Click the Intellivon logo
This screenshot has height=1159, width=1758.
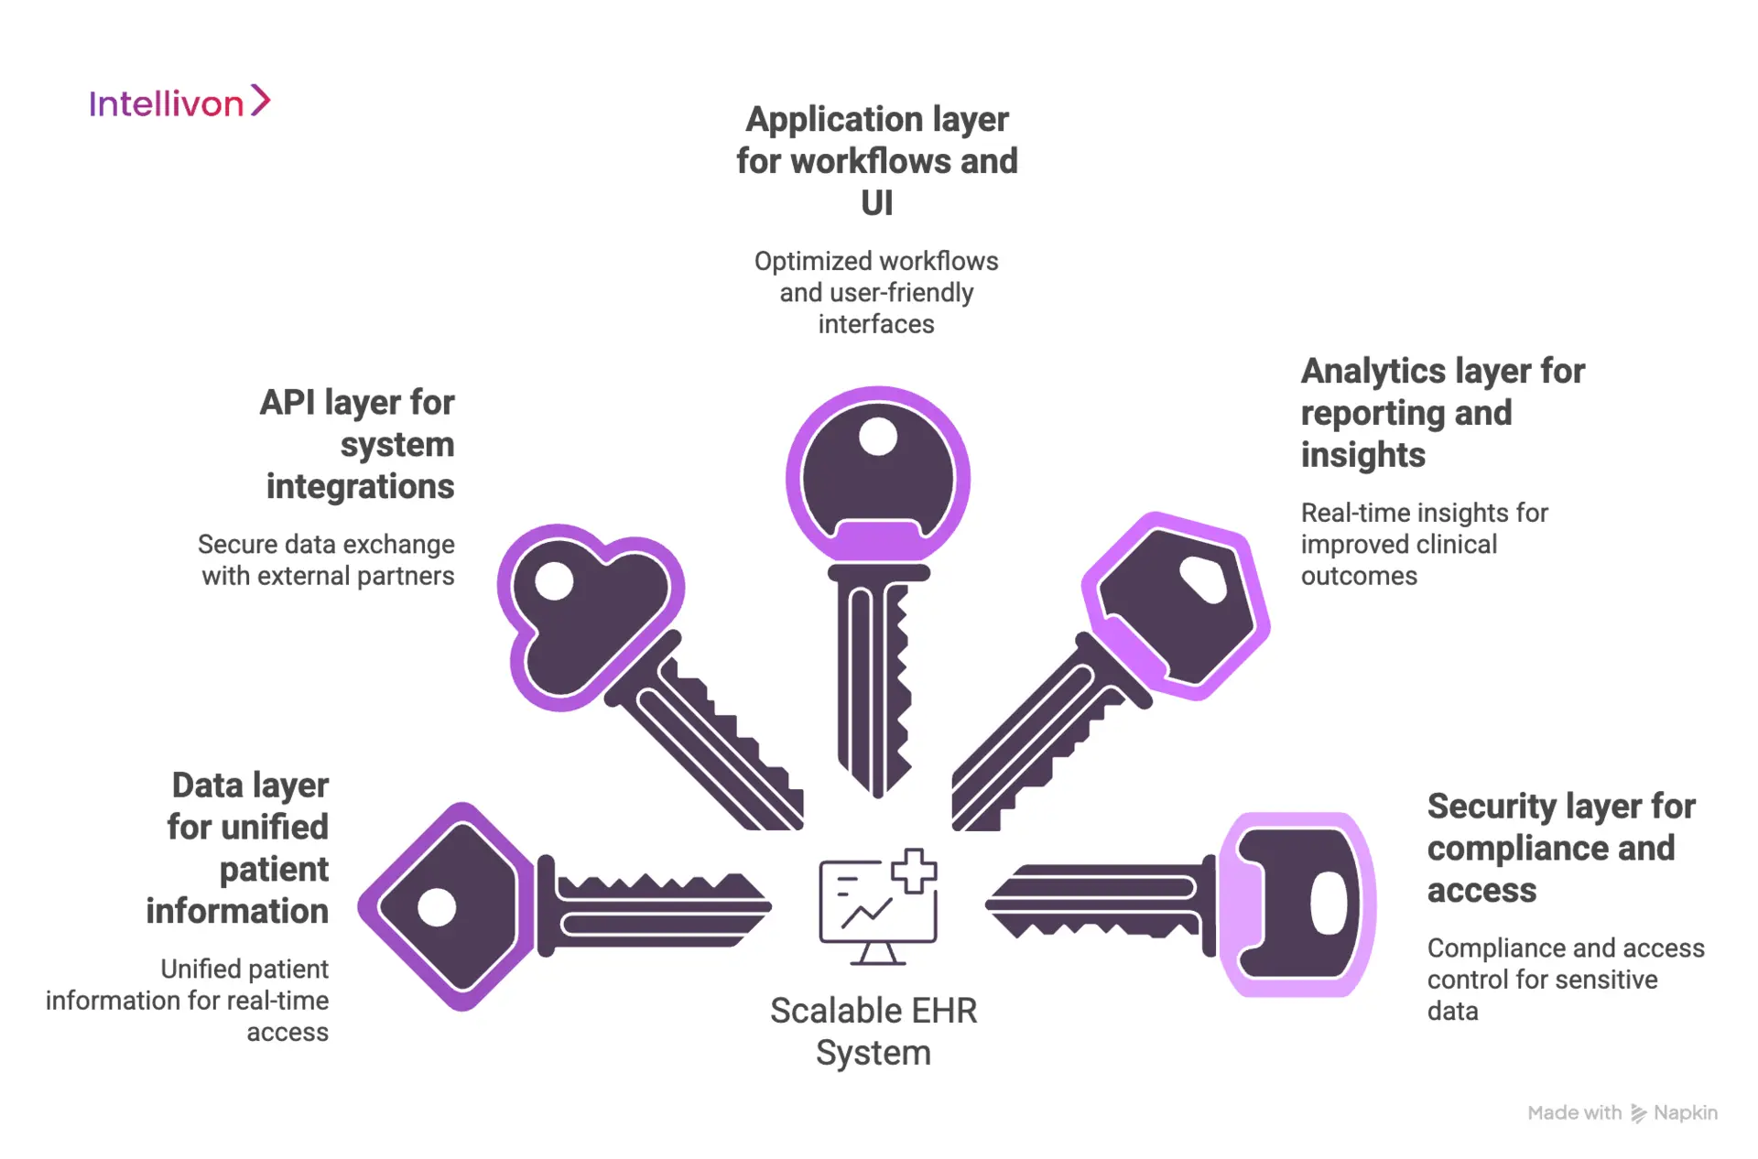(x=179, y=103)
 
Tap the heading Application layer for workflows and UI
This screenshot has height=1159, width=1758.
(x=876, y=161)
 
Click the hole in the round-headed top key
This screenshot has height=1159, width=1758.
(x=878, y=437)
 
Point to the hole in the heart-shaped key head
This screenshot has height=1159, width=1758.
(x=554, y=581)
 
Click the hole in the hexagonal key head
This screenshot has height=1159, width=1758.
(x=1203, y=580)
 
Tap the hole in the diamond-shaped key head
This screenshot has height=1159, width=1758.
(x=437, y=907)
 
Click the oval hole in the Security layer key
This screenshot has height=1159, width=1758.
(x=1328, y=904)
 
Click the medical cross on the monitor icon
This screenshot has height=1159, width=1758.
(x=914, y=870)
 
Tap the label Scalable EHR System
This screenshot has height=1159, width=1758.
(x=874, y=1032)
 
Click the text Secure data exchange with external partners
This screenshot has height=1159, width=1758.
(x=327, y=560)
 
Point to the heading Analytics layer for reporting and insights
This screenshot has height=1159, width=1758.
(x=1441, y=413)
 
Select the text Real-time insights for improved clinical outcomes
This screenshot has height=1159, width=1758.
(x=1423, y=545)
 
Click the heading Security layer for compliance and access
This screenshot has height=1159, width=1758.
(x=1560, y=848)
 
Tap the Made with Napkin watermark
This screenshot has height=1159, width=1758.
(x=1622, y=1113)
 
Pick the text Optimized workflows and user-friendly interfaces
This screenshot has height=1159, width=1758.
(x=876, y=293)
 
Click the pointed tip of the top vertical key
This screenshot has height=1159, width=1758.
(x=877, y=792)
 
